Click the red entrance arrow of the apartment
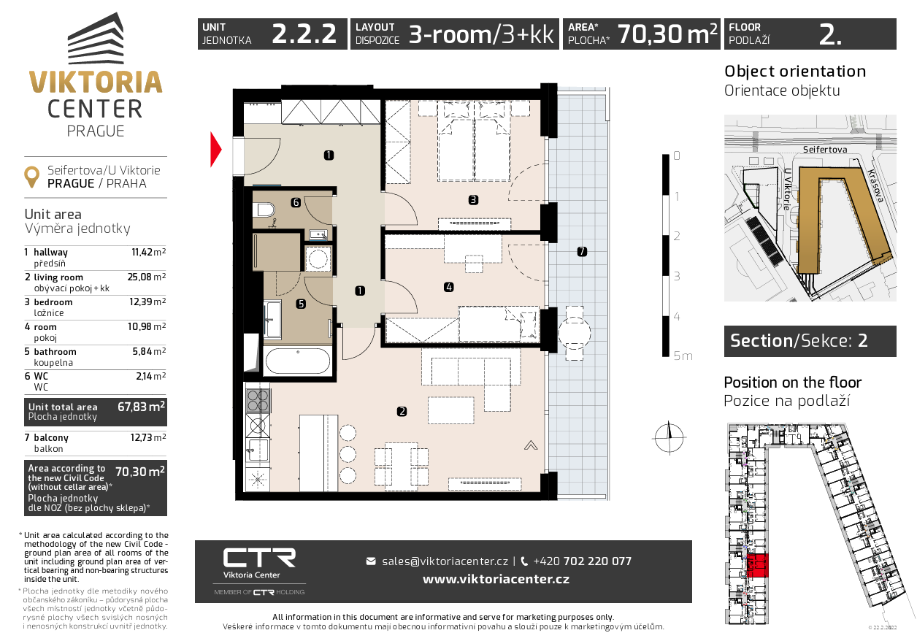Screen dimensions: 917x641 pyautogui.click(x=215, y=150)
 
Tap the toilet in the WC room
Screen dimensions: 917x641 pyautogui.click(x=264, y=210)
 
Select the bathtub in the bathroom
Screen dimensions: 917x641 pyautogui.click(x=298, y=361)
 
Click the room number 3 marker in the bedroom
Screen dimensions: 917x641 pyautogui.click(x=473, y=200)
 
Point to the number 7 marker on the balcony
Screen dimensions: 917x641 pyautogui.click(x=582, y=251)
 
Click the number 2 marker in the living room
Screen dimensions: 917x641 pyautogui.click(x=402, y=411)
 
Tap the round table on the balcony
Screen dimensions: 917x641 pyautogui.click(x=575, y=333)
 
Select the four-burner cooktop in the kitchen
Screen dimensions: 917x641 pyautogui.click(x=258, y=400)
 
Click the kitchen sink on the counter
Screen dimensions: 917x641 pyautogui.click(x=258, y=450)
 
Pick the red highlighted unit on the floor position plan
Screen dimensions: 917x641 pyautogui.click(x=757, y=566)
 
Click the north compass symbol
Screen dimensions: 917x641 pyautogui.click(x=669, y=438)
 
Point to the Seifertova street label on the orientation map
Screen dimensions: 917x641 pyautogui.click(x=825, y=150)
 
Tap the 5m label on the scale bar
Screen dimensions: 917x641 pyautogui.click(x=683, y=356)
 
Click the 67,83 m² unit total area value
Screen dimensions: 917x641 pyautogui.click(x=141, y=407)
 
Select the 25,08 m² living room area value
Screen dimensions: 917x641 pyautogui.click(x=147, y=277)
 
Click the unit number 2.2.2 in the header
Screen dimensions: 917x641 pyautogui.click(x=304, y=34)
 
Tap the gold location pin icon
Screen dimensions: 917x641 pyautogui.click(x=31, y=177)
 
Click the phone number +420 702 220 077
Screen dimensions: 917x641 pyautogui.click(x=582, y=561)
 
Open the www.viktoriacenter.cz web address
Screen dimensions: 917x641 pyautogui.click(x=496, y=579)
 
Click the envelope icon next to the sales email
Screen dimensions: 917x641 pyautogui.click(x=371, y=561)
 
